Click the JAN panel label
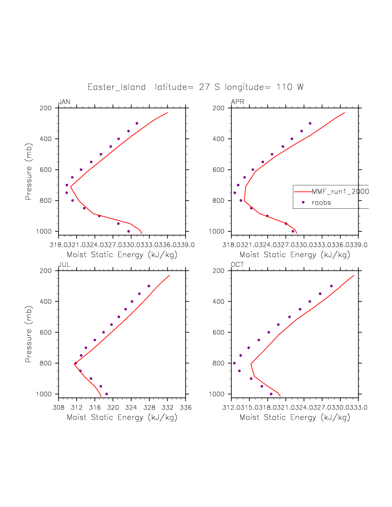64,102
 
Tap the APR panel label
237,102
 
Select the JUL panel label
63,264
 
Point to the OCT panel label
237,264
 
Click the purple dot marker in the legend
303,202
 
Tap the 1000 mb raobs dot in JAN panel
128,232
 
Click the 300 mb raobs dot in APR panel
310,124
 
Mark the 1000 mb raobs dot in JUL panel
106,394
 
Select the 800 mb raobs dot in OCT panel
234,363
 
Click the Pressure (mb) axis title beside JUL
29,332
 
